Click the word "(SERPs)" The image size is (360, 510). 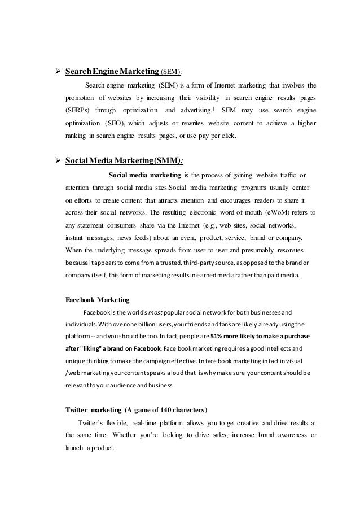coord(77,110)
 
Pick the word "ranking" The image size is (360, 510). coord(77,135)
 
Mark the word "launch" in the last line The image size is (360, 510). coord(74,448)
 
